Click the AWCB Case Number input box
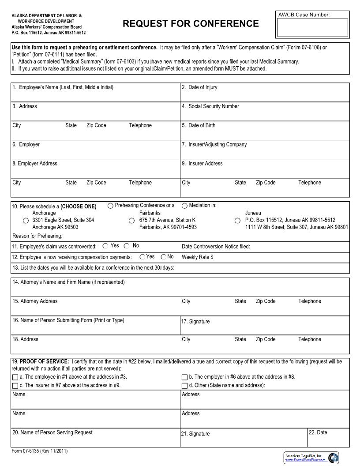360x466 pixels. pos(312,27)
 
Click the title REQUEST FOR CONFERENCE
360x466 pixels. pos(191,24)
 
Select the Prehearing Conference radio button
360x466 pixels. pos(111,206)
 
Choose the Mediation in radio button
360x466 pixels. pos(185,206)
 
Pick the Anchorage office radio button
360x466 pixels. pos(26,220)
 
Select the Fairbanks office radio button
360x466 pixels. pos(131,220)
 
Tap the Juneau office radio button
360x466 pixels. pos(237,220)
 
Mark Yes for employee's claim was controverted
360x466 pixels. pos(105,246)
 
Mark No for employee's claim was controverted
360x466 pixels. pos(127,246)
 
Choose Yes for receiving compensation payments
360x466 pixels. pos(142,257)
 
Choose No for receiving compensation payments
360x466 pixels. pos(163,257)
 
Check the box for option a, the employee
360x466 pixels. pos(15,377)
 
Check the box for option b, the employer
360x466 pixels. pos(185,377)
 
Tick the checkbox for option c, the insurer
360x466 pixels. pos(15,386)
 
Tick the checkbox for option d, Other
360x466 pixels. pos(185,386)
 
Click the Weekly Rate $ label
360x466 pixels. pos(197,257)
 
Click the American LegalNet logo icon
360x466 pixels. pos(334,458)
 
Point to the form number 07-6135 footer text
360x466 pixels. pos(40,451)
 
